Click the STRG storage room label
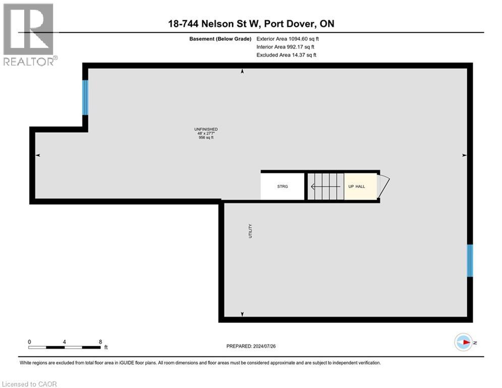pos(283,186)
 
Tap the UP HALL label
pos(356,186)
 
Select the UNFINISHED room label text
pos(206,129)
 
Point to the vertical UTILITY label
pos(250,231)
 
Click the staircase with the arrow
pos(325,186)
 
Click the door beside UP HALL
pos(384,186)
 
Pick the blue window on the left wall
pos(85,98)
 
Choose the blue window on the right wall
pos(470,261)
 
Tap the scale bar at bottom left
pos(64,347)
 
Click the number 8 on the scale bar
pos(100,342)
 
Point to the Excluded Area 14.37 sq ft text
pos(286,55)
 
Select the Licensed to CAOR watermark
pos(29,384)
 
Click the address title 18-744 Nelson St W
pos(251,23)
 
